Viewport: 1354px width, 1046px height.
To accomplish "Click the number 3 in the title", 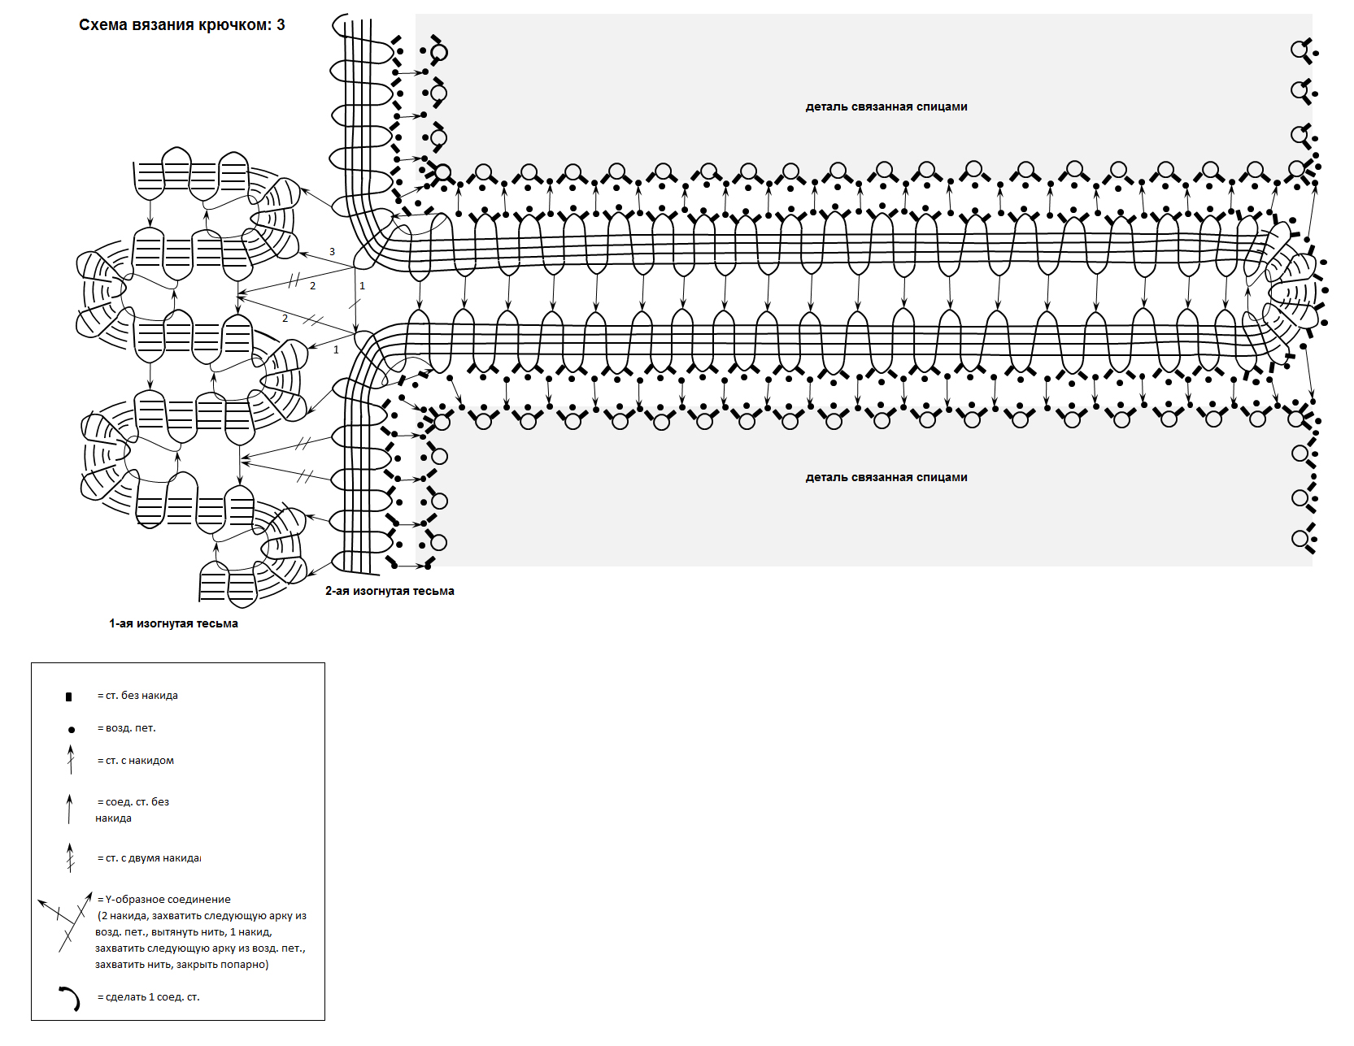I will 281,25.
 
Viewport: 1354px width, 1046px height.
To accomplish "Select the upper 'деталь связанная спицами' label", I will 886,106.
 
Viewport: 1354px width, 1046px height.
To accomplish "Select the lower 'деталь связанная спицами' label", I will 886,477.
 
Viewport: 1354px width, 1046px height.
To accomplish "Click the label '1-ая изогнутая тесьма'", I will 173,623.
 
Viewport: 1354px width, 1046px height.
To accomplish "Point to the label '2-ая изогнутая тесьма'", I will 390,591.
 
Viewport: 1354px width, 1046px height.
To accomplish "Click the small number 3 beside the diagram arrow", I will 332,252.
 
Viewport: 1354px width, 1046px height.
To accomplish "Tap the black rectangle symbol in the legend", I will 69,697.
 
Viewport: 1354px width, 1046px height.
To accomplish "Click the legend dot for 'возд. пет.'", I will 72,729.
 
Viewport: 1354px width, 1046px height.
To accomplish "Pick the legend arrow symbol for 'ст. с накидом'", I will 71,760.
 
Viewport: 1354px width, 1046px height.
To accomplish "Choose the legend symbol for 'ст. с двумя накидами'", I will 71,857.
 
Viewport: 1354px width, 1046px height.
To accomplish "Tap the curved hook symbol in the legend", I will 71,997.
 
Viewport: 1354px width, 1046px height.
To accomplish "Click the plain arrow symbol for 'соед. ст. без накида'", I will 70,809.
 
